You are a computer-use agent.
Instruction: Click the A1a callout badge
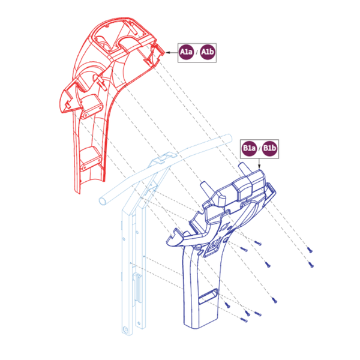pyautogui.click(x=186, y=52)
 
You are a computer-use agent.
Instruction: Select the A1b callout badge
pyautogui.click(x=208, y=52)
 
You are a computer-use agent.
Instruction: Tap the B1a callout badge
pyautogui.click(x=249, y=148)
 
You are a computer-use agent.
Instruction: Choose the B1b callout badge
pyautogui.click(x=269, y=148)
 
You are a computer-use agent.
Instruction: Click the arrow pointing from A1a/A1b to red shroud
pyautogui.click(x=171, y=53)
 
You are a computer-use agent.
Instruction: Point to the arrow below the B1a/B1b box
pyautogui.click(x=259, y=164)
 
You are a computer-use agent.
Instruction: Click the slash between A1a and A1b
pyautogui.click(x=197, y=53)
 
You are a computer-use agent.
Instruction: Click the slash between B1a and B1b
pyautogui.click(x=259, y=149)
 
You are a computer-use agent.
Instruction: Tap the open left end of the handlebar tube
pyautogui.click(x=103, y=201)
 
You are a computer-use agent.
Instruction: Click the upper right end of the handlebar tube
pyautogui.click(x=228, y=138)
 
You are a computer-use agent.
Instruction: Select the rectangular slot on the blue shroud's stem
pyautogui.click(x=208, y=296)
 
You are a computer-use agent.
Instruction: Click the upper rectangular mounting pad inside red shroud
pyautogui.click(x=91, y=106)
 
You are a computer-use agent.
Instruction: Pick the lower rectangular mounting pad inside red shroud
pyautogui.click(x=91, y=158)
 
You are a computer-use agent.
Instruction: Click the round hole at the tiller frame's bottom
pyautogui.click(x=125, y=330)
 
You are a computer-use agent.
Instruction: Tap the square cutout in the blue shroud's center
pyautogui.click(x=212, y=247)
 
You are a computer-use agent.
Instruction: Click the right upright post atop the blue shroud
pyautogui.click(x=244, y=170)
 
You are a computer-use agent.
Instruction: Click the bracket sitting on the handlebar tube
pyautogui.click(x=163, y=158)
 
